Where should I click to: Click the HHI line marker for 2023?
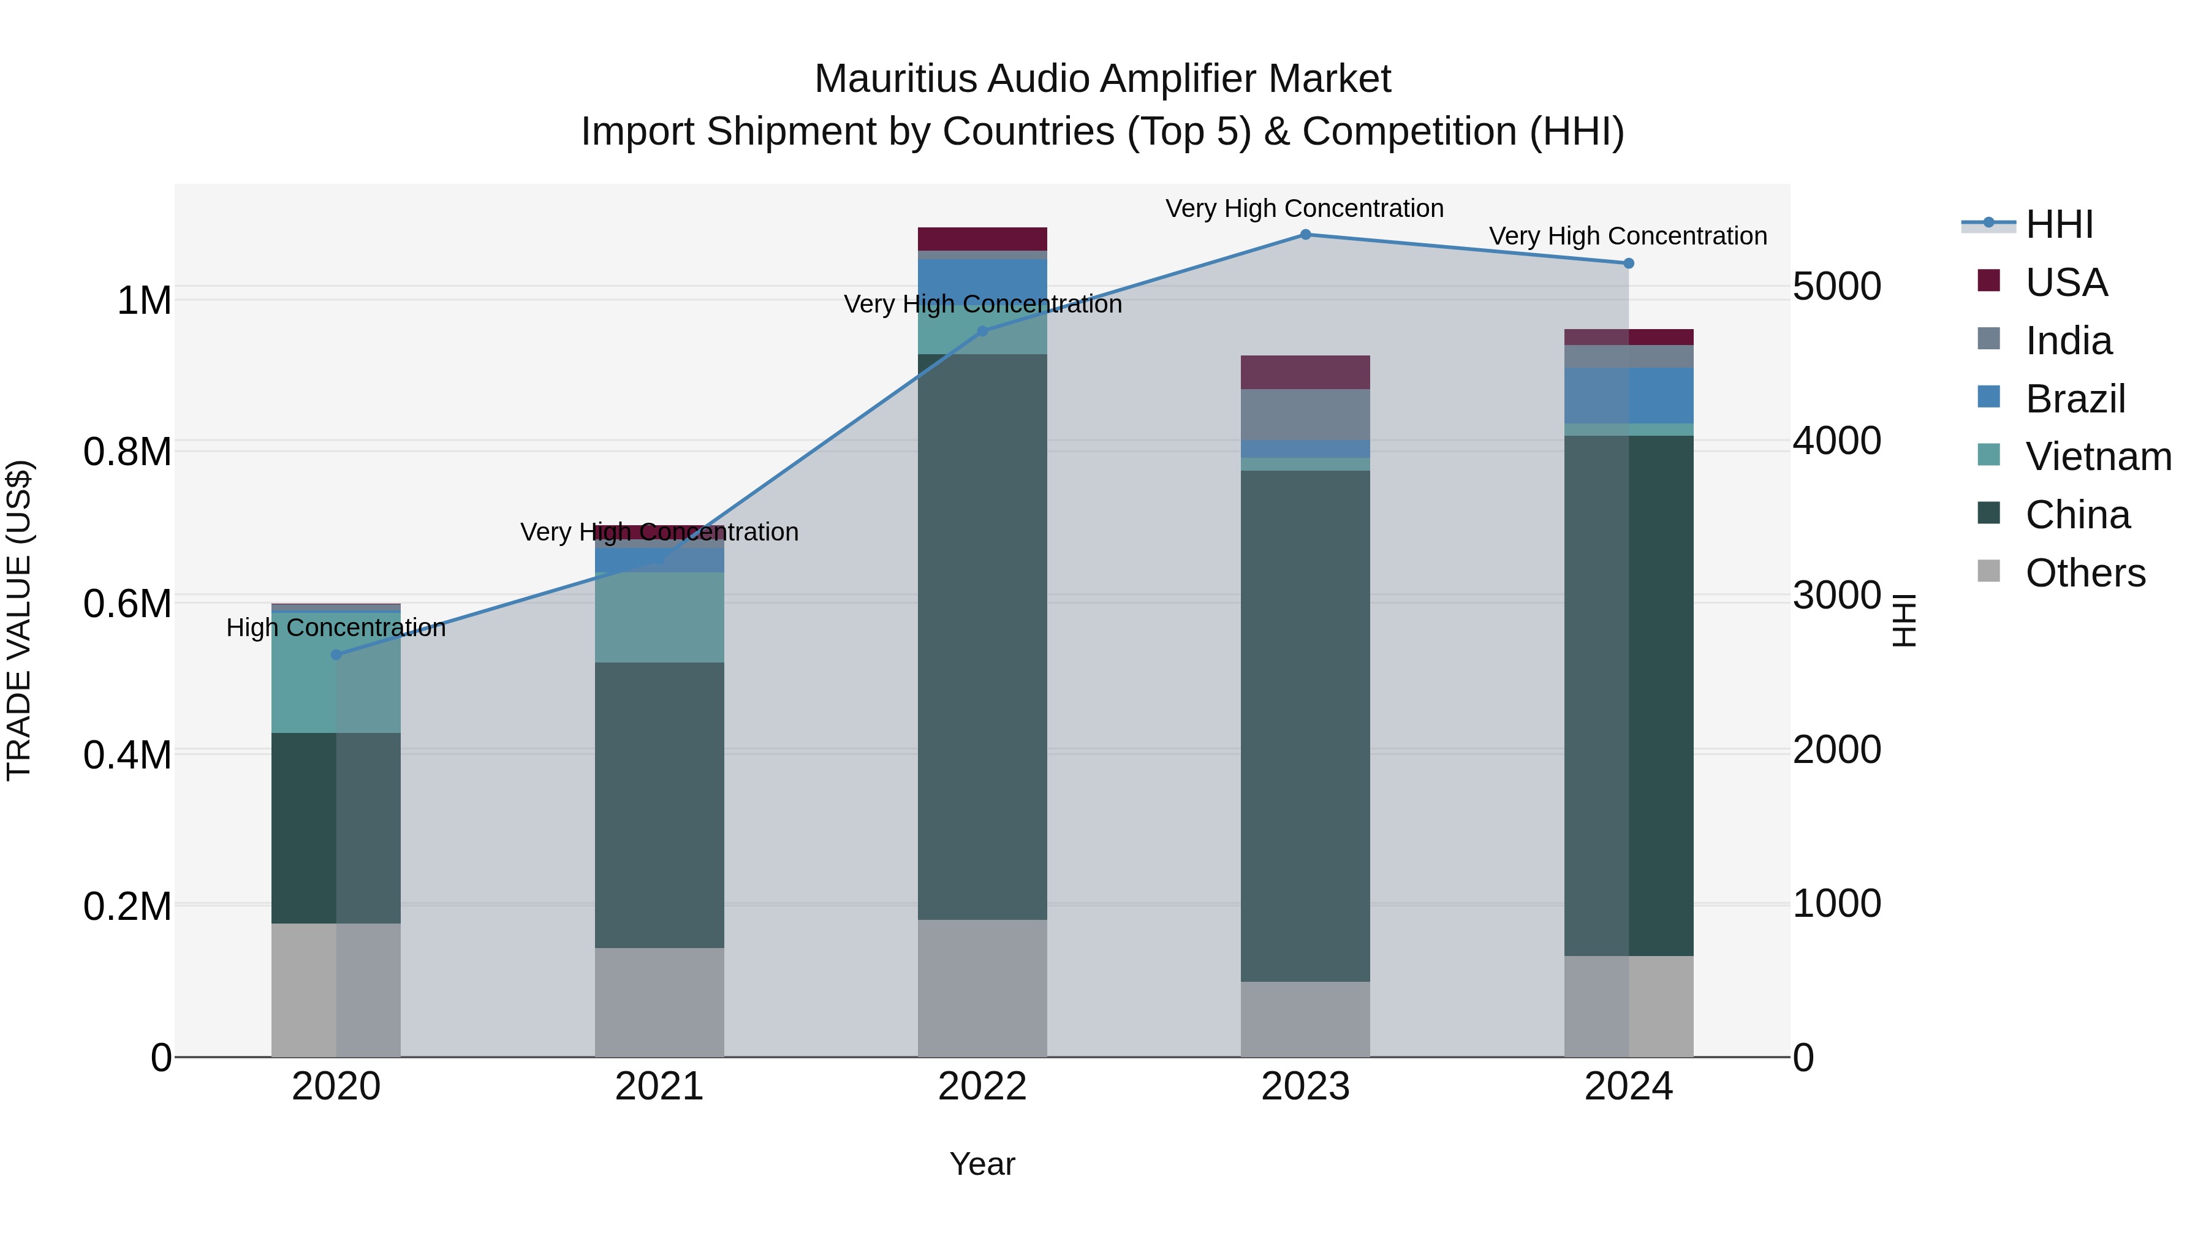pyautogui.click(x=1305, y=235)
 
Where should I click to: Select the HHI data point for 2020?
pyautogui.click(x=336, y=655)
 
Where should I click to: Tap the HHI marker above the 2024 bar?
pyautogui.click(x=1628, y=264)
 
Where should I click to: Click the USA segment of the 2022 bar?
pyautogui.click(x=982, y=239)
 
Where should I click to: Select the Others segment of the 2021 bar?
pyautogui.click(x=659, y=1002)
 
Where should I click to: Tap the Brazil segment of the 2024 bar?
pyautogui.click(x=1628, y=396)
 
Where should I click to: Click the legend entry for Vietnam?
pyautogui.click(x=2098, y=457)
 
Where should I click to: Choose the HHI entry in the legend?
pyautogui.click(x=2059, y=224)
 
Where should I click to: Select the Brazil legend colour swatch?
pyautogui.click(x=1988, y=397)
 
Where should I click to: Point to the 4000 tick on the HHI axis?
pyautogui.click(x=1837, y=441)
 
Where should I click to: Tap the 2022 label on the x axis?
pyautogui.click(x=982, y=1087)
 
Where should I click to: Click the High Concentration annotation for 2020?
pyautogui.click(x=336, y=628)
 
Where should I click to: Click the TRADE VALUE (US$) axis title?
pyautogui.click(x=19, y=620)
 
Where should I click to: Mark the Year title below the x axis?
pyautogui.click(x=982, y=1164)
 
